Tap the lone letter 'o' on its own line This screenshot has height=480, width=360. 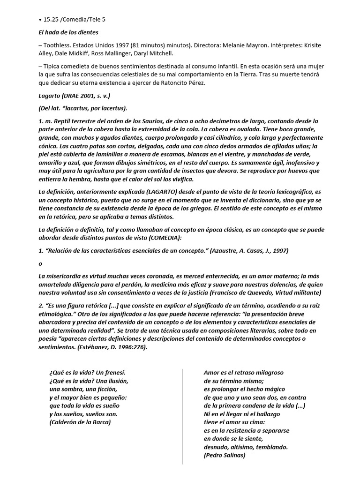[x=40, y=263]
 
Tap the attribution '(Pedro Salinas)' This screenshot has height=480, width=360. [x=225, y=455]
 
